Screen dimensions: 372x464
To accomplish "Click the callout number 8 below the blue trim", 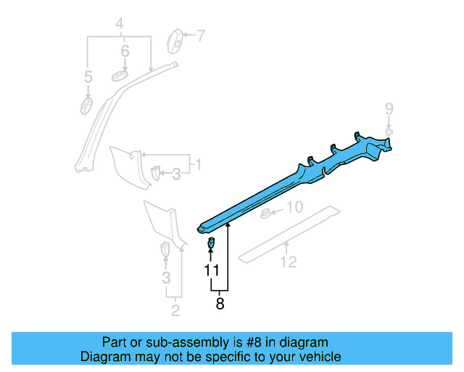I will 220,304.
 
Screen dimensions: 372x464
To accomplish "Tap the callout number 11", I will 211,270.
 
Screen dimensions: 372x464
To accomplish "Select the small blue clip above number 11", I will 211,243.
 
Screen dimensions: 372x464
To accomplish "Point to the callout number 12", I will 289,262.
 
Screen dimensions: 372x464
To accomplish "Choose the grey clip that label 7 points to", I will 175,41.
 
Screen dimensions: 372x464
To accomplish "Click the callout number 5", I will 88,76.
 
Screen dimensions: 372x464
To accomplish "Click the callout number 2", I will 175,312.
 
